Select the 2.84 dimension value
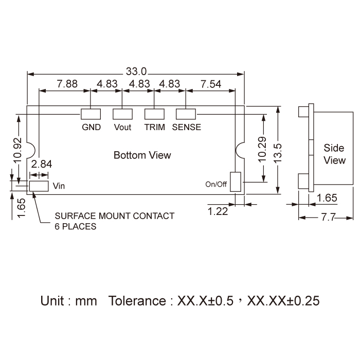click(x=41, y=164)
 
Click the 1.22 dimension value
click(x=218, y=210)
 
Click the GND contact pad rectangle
click(x=91, y=114)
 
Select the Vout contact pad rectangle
click(x=122, y=114)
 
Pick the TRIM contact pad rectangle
click(x=154, y=114)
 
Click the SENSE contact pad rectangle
click(x=186, y=114)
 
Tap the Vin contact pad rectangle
click(x=39, y=186)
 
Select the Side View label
click(x=334, y=154)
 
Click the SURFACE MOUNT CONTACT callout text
click(x=115, y=216)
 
